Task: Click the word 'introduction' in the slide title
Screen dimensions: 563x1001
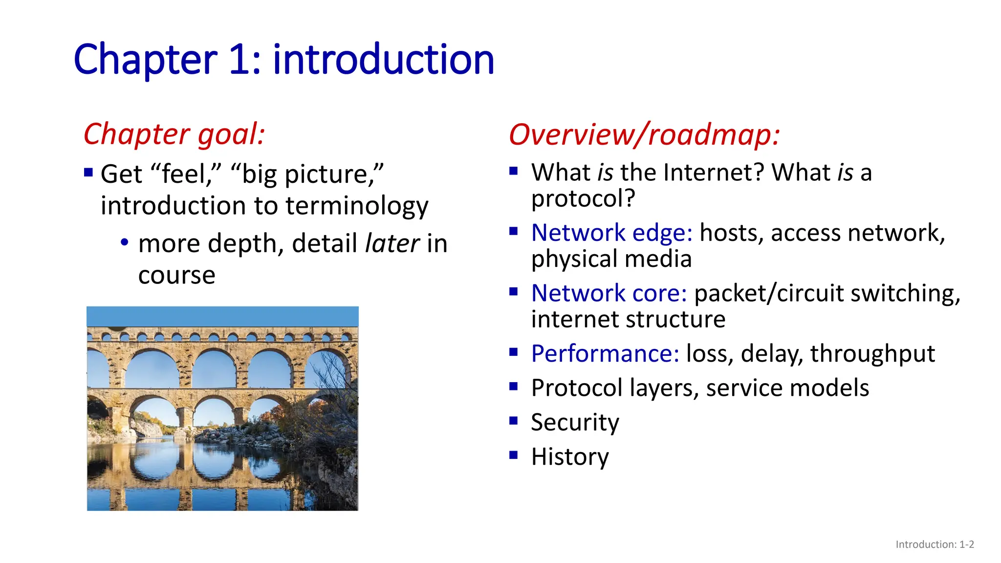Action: [x=383, y=60]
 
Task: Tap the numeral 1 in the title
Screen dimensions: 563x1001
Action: [x=239, y=60]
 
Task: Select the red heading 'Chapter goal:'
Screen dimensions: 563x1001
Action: [x=174, y=134]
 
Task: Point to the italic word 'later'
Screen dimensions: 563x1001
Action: [x=392, y=243]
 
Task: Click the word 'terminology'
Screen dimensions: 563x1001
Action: [x=357, y=206]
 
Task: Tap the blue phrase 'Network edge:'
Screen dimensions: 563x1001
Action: [x=611, y=233]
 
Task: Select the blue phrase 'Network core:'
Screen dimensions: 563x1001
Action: [x=609, y=293]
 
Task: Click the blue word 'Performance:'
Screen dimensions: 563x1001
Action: [x=605, y=353]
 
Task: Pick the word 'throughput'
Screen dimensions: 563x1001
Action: [x=872, y=353]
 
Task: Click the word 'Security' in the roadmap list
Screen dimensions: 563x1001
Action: [x=575, y=422]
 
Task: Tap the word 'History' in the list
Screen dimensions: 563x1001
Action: [x=570, y=457]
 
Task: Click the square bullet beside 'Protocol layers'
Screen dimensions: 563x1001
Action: [x=513, y=387]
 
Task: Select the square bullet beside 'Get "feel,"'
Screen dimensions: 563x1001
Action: [x=88, y=173]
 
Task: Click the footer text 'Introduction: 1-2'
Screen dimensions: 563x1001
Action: [x=935, y=544]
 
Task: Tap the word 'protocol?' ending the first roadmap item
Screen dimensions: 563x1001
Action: [x=583, y=198]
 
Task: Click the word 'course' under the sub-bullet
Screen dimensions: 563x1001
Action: [x=176, y=275]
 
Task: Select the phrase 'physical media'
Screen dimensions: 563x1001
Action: [x=611, y=259]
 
